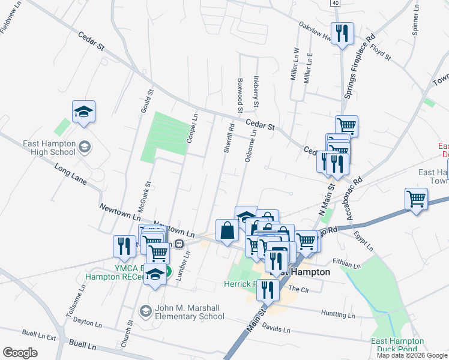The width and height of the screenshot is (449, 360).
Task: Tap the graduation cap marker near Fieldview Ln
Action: pos(84,112)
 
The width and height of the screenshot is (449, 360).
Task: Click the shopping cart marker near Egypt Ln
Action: pos(417,199)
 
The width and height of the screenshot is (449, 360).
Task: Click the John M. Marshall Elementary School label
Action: pos(181,312)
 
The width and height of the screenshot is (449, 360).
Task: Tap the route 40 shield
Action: pos(335,3)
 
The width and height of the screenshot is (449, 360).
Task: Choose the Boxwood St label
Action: pos(240,97)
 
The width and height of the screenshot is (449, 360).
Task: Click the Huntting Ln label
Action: pos(338,314)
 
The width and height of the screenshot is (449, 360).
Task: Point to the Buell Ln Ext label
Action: pos(38,335)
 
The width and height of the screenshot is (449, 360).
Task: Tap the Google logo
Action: pos(20,353)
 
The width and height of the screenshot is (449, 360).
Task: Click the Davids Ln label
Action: pos(276,330)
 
